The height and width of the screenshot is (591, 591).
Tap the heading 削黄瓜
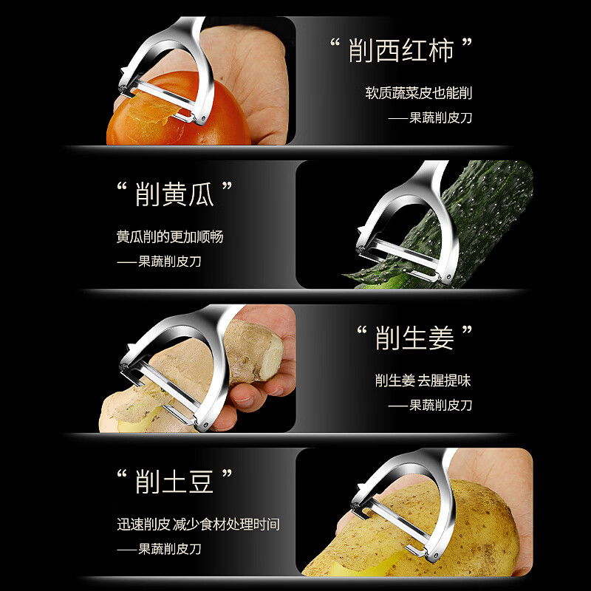coord(175,194)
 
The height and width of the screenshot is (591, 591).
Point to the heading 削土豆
coord(175,482)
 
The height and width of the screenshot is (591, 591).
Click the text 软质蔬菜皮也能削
coord(418,94)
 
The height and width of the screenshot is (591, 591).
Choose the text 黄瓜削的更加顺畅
coord(170,237)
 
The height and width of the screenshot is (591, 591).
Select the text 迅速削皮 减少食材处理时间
coord(198,525)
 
